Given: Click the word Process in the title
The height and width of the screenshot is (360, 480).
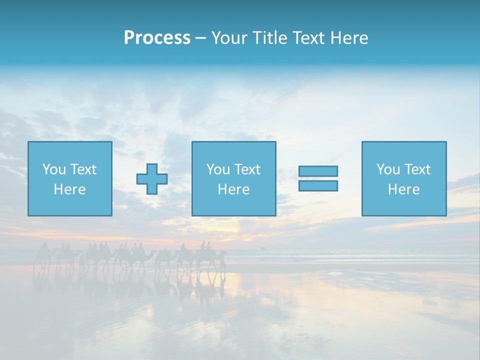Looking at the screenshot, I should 157,38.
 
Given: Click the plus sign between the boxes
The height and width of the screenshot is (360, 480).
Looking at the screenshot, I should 152,179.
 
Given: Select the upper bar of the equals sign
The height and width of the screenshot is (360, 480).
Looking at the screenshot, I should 318,171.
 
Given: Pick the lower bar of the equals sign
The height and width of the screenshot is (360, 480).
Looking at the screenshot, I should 318,186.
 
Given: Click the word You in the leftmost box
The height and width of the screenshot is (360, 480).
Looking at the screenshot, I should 54,169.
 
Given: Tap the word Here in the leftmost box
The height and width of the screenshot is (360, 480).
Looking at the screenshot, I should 69,189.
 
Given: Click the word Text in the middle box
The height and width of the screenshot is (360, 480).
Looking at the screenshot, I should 247,169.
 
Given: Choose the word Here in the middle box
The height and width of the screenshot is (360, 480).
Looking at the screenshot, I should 233,189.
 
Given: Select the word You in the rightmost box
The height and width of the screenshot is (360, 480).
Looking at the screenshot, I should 388,169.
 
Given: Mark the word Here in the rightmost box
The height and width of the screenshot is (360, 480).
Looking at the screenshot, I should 403,189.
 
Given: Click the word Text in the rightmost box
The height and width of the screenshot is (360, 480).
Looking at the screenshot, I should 417,169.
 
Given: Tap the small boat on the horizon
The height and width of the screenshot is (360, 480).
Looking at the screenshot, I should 262,247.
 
